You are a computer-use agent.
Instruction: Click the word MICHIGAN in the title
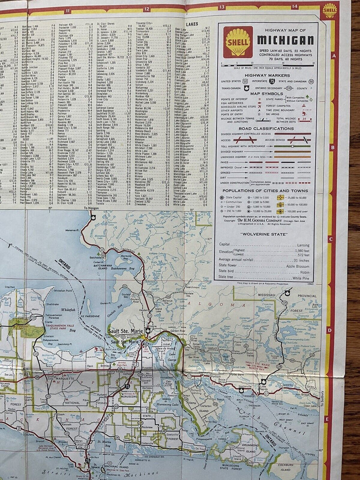[285, 40]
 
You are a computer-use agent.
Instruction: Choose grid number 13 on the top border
[221, 7]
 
